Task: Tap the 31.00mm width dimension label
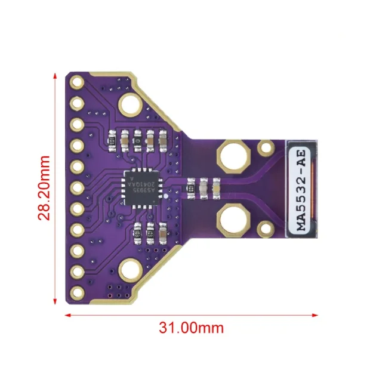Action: click(191, 327)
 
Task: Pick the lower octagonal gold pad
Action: click(232, 220)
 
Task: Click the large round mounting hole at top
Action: click(129, 105)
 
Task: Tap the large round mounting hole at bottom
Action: click(129, 271)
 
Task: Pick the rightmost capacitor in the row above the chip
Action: click(162, 139)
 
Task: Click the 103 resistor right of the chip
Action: click(190, 187)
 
